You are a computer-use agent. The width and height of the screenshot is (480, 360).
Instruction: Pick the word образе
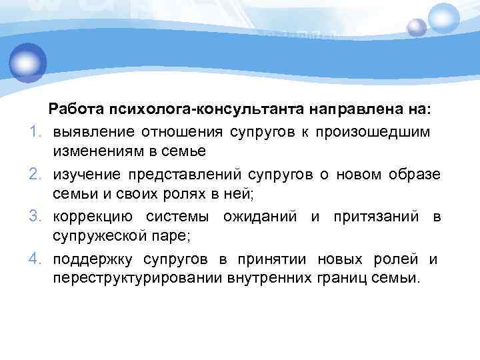[417, 174]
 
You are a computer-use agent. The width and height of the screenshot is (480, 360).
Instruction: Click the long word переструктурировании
[134, 281]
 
